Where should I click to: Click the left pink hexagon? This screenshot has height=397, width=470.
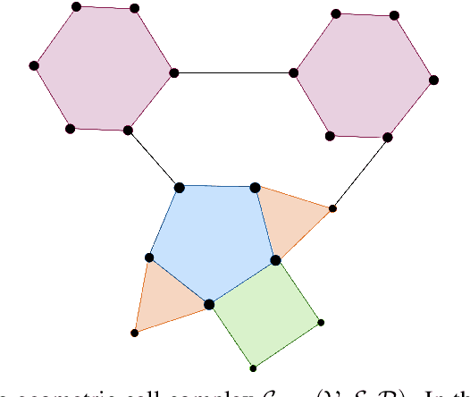[x=104, y=69]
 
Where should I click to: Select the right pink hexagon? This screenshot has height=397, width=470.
[x=365, y=75]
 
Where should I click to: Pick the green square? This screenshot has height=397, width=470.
[x=265, y=313]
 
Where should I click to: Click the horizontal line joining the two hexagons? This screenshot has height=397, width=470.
[x=234, y=72]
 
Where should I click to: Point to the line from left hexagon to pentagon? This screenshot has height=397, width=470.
[x=154, y=158]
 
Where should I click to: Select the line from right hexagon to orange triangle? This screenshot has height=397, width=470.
[x=360, y=172]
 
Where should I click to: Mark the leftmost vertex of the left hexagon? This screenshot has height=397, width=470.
[x=34, y=65]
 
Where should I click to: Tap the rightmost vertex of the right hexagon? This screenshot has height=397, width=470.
[x=434, y=80]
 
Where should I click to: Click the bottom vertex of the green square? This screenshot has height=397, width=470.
[x=253, y=367]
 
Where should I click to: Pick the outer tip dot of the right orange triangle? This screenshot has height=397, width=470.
[x=333, y=208]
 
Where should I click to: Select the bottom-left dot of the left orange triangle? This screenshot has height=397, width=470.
[x=135, y=333]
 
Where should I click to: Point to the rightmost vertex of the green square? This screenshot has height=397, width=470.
[x=321, y=322]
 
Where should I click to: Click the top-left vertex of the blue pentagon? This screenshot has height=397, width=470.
[x=179, y=187]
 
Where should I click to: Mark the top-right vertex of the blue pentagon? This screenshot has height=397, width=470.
[x=255, y=188]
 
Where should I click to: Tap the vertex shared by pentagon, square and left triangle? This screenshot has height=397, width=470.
[x=209, y=304]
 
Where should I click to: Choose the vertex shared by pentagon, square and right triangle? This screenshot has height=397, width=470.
[x=275, y=260]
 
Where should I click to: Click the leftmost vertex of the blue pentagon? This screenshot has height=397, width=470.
[x=149, y=258]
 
